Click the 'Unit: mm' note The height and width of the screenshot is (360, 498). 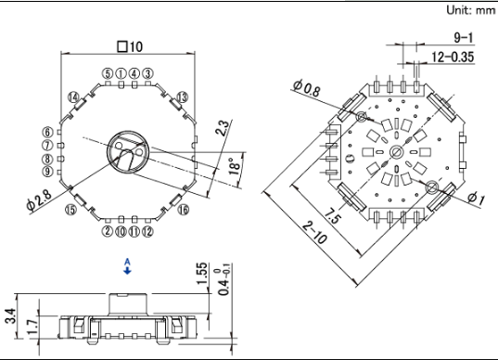coord(471,10)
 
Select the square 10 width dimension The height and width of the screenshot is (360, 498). coord(130,46)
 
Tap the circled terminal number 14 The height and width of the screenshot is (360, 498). coord(73,96)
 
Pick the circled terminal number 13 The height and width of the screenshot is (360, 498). coord(183,96)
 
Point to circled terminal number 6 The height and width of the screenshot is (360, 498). coord(47,132)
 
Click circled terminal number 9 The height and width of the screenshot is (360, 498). coord(47,172)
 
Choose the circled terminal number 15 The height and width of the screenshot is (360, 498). coord(70,210)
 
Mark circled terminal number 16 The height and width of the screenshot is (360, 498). coord(184,210)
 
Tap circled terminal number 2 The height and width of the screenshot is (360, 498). coord(108,231)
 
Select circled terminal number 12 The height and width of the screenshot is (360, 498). coord(147,231)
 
